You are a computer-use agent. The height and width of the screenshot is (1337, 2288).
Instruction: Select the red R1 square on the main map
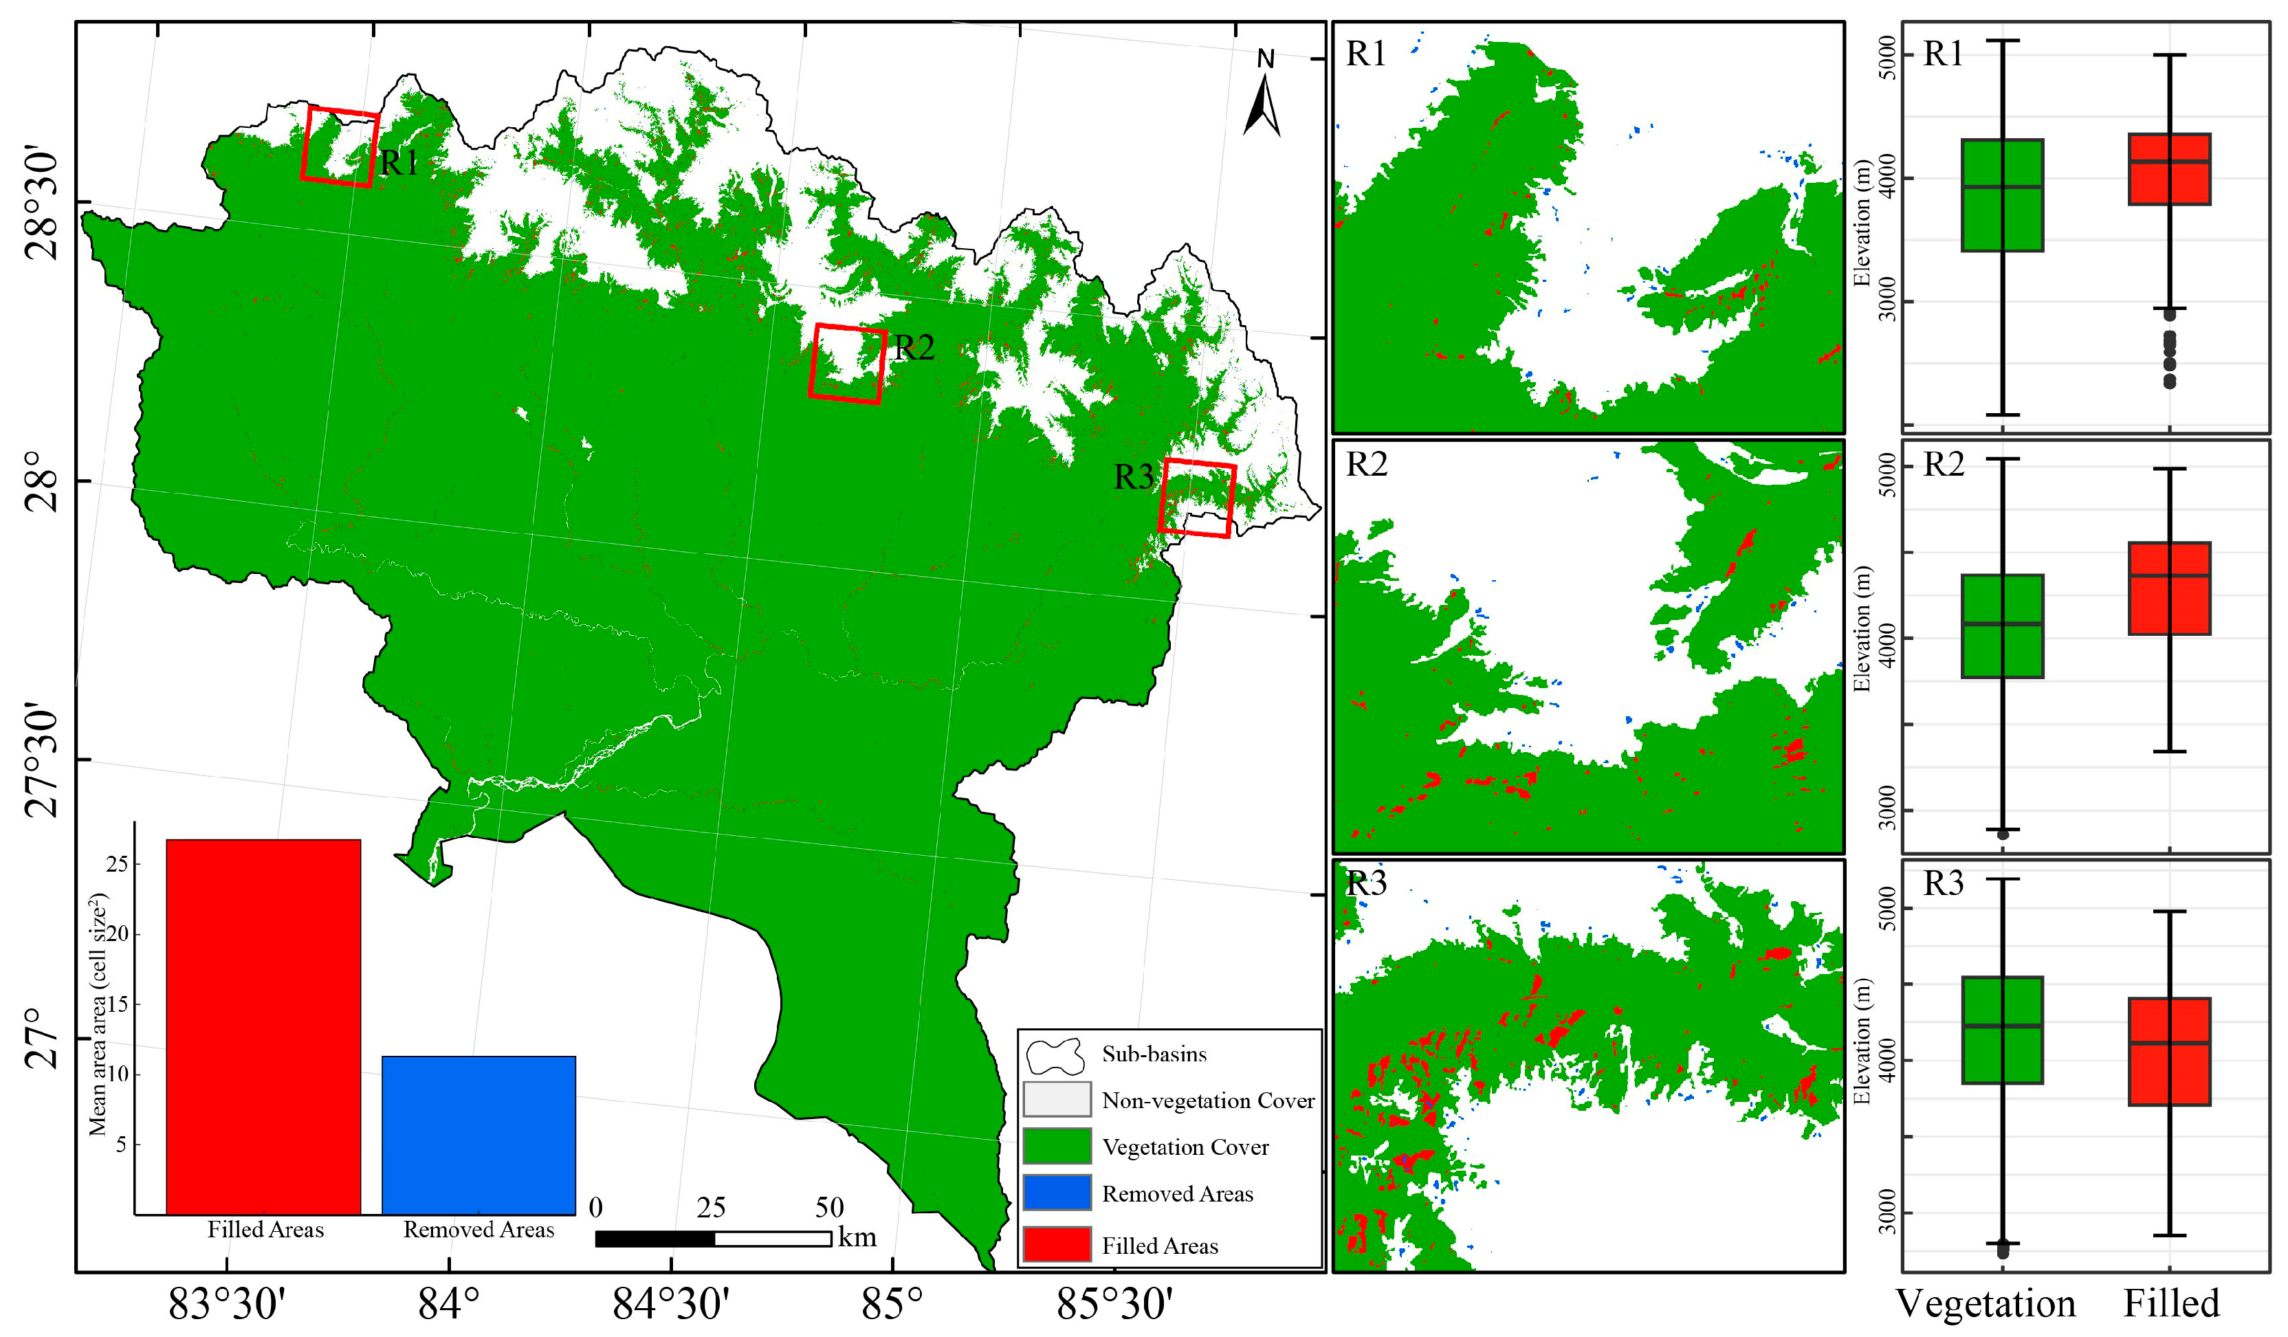[x=340, y=147]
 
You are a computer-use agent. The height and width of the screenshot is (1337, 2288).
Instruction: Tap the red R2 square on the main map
[x=847, y=363]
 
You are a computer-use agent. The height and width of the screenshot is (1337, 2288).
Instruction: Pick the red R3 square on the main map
[x=1197, y=498]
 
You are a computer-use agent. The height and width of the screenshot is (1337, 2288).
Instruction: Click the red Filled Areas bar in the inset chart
[x=263, y=1026]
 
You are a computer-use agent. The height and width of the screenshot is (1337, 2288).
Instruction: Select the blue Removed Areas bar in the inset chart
[x=478, y=1135]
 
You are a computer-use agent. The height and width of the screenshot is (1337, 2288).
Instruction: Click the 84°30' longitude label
[x=671, y=1304]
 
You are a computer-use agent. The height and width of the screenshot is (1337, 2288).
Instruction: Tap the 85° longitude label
[x=892, y=1304]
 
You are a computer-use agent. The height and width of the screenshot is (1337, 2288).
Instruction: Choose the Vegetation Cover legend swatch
[x=1056, y=1145]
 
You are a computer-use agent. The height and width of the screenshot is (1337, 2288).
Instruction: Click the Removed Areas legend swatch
[x=1056, y=1193]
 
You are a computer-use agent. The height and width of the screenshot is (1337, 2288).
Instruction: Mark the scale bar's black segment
[x=654, y=1238]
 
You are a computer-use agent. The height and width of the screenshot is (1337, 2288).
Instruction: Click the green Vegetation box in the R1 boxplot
[x=2002, y=195]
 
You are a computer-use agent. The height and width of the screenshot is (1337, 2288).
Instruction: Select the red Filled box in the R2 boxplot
[x=2169, y=588]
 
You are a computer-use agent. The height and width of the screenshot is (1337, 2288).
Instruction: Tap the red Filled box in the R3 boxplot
[x=2169, y=1051]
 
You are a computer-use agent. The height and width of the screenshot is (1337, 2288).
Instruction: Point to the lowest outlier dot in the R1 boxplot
[x=2169, y=382]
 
